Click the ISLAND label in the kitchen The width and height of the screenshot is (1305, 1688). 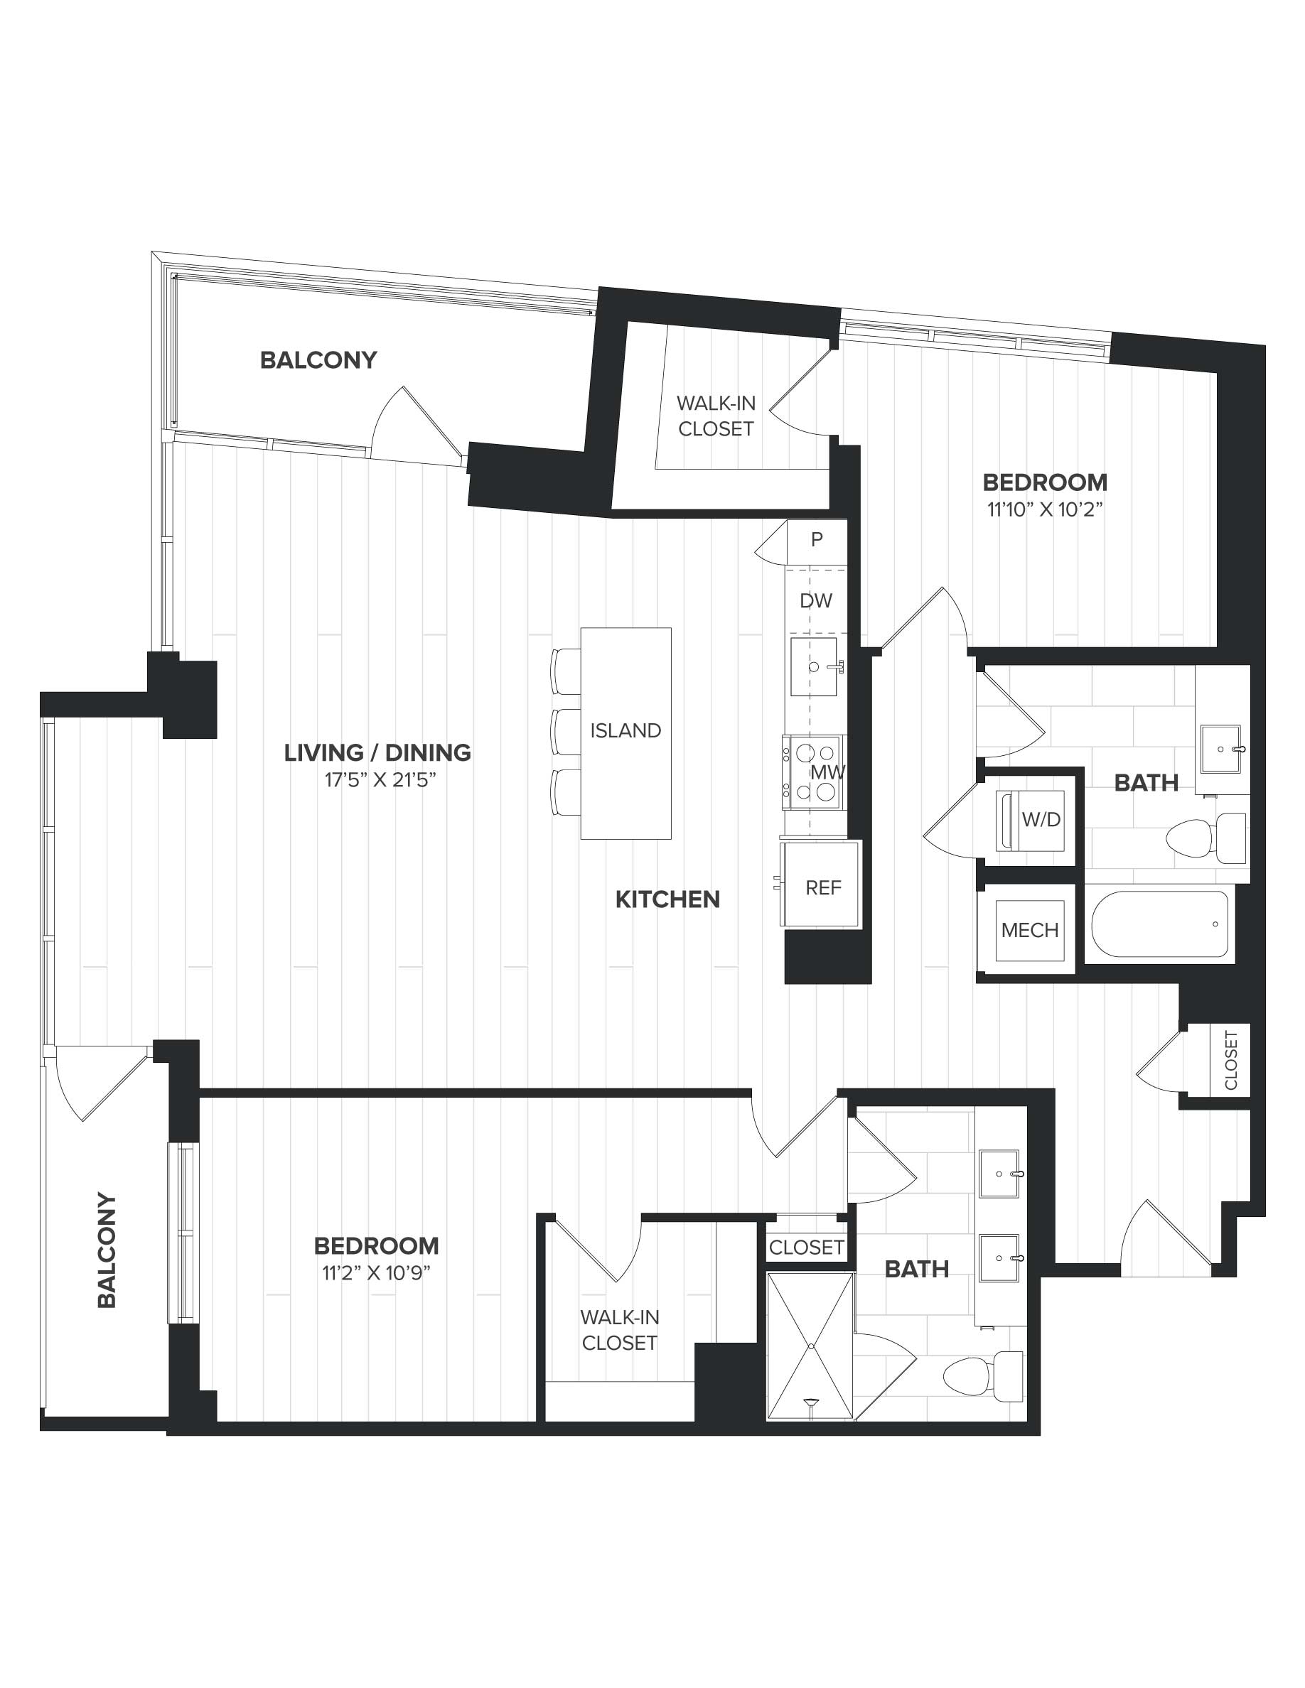[x=625, y=730]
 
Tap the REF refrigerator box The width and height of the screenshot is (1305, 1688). [x=821, y=884]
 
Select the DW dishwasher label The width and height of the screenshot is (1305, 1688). [x=817, y=600]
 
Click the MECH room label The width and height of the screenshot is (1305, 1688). [x=1030, y=930]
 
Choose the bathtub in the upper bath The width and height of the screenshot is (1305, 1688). [x=1160, y=924]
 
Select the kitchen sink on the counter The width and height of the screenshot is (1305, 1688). [x=814, y=666]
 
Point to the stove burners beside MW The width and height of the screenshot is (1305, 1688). [x=812, y=772]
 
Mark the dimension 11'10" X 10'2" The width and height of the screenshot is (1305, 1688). [x=1044, y=510]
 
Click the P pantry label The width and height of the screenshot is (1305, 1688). [x=817, y=539]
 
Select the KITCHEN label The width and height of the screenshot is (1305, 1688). [x=668, y=899]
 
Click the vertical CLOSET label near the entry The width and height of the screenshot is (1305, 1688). [x=1231, y=1060]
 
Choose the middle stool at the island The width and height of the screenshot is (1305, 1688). [x=566, y=731]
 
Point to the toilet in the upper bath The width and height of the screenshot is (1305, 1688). [x=1206, y=838]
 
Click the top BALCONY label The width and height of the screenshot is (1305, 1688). [x=318, y=360]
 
